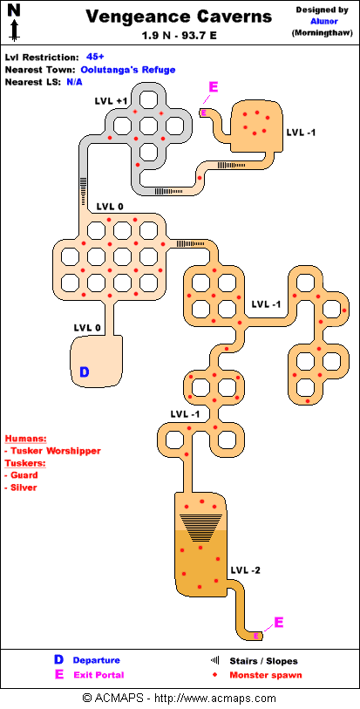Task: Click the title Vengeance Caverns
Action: (179, 17)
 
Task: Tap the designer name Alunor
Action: (324, 21)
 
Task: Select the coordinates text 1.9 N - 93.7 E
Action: (180, 35)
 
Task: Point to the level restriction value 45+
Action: (95, 57)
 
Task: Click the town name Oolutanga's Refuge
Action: (128, 70)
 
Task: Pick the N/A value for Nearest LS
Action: (75, 82)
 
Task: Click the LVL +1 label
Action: (111, 101)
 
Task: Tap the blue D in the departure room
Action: (85, 372)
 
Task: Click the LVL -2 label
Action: (245, 570)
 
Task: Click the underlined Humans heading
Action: (26, 439)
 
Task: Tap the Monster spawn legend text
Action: (266, 675)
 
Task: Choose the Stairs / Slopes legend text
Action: (264, 661)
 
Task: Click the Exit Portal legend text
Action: (98, 675)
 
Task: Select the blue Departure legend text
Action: (96, 661)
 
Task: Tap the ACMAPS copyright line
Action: (180, 699)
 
